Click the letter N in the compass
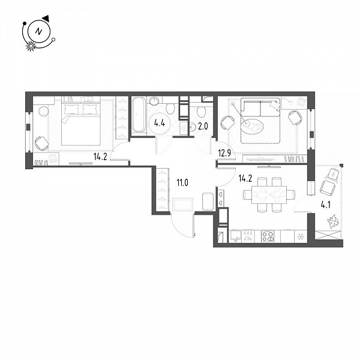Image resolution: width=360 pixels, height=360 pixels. [x=39, y=31]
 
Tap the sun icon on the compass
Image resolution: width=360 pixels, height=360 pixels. [x=31, y=46]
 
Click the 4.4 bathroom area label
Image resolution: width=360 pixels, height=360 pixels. [x=160, y=124]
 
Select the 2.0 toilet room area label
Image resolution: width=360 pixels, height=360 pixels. [x=203, y=126]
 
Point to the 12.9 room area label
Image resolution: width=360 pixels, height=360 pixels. [x=224, y=153]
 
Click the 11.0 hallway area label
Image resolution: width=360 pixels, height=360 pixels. [x=182, y=183]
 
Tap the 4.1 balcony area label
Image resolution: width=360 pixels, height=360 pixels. [x=326, y=205]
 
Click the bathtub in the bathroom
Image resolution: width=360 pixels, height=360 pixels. [x=139, y=115]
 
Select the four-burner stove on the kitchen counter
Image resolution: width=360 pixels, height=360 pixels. [x=268, y=236]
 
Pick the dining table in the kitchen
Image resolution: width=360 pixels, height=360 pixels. [x=269, y=194]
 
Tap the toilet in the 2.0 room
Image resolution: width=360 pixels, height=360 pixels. [x=202, y=112]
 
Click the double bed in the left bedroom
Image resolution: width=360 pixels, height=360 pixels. [x=81, y=121]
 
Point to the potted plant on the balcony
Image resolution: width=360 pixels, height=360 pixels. [x=333, y=221]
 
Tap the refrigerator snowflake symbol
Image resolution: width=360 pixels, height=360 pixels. [x=300, y=237]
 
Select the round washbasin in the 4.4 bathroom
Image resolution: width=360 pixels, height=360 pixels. [x=154, y=100]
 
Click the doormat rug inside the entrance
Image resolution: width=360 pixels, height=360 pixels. [x=183, y=204]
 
